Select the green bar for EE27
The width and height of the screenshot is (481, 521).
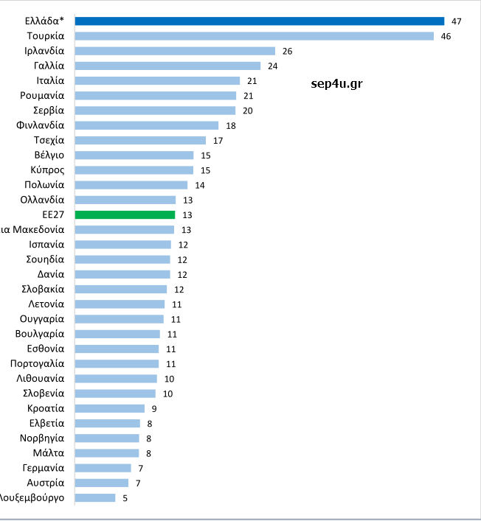click(x=125, y=214)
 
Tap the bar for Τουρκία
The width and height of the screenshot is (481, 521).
click(x=255, y=36)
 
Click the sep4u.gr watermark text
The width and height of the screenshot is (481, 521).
click(x=337, y=84)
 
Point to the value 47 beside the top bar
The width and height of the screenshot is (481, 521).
click(x=456, y=21)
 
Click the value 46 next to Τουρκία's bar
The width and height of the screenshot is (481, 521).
click(x=446, y=36)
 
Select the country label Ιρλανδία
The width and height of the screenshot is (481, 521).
click(x=44, y=51)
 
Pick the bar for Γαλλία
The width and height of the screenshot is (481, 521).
click(x=168, y=66)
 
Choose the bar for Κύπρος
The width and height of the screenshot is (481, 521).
click(x=134, y=170)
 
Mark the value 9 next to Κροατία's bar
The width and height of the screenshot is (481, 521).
click(x=154, y=408)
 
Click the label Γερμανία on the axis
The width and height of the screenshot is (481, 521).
click(x=44, y=468)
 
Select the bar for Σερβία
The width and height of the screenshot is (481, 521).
click(x=156, y=111)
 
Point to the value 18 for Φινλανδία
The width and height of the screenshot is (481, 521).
click(x=230, y=125)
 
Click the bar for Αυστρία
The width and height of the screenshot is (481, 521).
click(x=102, y=483)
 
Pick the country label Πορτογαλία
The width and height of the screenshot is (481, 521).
click(x=38, y=363)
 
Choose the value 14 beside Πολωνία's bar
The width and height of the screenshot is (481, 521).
click(x=199, y=185)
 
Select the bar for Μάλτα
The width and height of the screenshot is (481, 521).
click(x=107, y=453)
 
